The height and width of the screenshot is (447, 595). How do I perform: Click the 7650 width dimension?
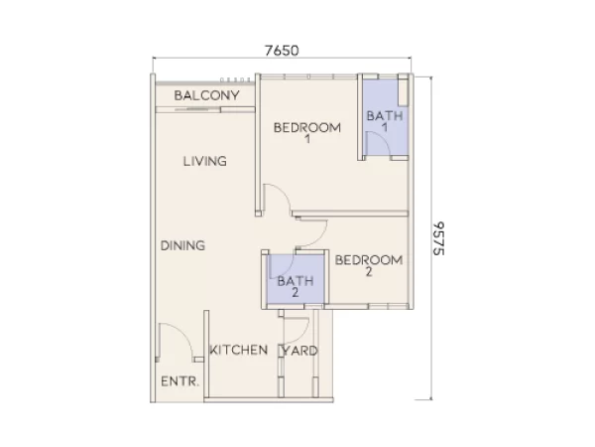click(283, 50)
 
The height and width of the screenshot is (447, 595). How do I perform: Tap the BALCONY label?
click(207, 95)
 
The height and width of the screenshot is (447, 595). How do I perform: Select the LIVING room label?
click(205, 161)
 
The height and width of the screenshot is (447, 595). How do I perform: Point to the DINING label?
click(182, 245)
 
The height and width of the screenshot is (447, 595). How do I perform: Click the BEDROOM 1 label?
click(307, 132)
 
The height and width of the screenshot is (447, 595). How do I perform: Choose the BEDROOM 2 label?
click(368, 265)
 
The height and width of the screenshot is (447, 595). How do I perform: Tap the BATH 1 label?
click(385, 121)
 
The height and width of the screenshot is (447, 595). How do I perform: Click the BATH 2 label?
click(295, 285)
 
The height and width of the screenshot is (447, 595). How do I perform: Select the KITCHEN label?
click(238, 350)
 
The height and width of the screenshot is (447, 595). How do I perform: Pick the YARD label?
click(300, 351)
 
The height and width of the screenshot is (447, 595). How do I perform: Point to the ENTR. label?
click(180, 380)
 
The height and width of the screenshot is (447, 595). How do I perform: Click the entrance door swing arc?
click(171, 344)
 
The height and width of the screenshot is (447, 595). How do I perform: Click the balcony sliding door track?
click(198, 107)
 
